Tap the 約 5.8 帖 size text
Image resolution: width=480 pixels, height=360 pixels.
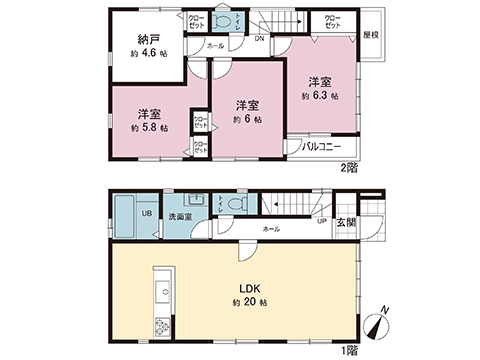coord(148,128)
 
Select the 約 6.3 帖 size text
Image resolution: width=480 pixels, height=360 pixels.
coord(320,96)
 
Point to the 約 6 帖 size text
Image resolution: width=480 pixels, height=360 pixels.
coord(247,119)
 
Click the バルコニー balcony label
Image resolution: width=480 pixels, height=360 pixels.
coord(328,146)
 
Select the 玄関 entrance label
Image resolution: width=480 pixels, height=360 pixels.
coord(346,222)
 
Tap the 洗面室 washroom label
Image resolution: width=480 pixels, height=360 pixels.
coord(182,215)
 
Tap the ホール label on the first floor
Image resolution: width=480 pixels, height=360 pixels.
coord(270,229)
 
